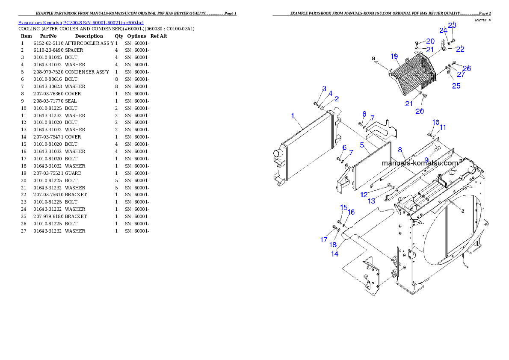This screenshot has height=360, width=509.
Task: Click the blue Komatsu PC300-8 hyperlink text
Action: pyautogui.click(x=81, y=23)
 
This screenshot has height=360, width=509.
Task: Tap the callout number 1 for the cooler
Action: pyautogui.click(x=293, y=115)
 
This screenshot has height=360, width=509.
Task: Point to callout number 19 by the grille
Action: pyautogui.click(x=394, y=56)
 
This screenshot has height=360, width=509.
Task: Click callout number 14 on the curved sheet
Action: pyautogui.click(x=335, y=254)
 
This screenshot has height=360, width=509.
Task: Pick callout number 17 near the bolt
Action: pyautogui.click(x=324, y=240)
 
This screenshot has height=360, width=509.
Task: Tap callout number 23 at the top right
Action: pyautogui.click(x=452, y=25)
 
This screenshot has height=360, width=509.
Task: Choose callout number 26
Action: pyautogui.click(x=467, y=68)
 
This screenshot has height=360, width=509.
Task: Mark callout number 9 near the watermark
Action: pyautogui.click(x=426, y=159)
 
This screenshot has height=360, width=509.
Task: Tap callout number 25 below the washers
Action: pyautogui.click(x=456, y=86)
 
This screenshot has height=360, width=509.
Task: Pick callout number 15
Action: pyautogui.click(x=344, y=207)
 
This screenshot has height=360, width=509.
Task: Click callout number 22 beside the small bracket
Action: pyautogui.click(x=460, y=49)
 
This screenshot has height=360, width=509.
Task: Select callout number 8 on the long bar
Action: pyautogui.click(x=400, y=150)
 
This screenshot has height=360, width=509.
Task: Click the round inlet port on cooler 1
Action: pyautogui.click(x=276, y=153)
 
